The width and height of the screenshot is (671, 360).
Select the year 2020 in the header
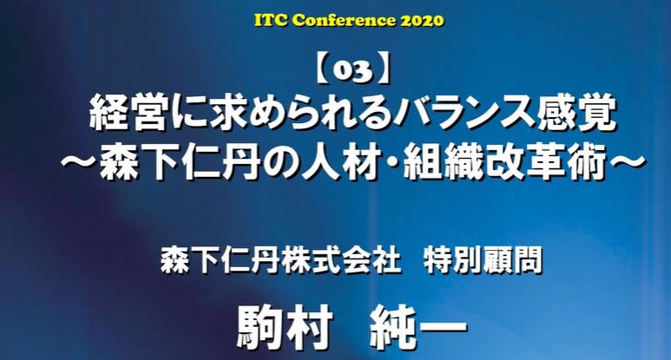pyautogui.click(x=422, y=20)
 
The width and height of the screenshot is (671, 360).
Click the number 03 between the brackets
pyautogui.click(x=352, y=72)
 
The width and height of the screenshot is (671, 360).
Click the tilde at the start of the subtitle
pyautogui.click(x=80, y=162)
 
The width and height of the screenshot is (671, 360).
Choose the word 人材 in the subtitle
pyautogui.click(x=340, y=163)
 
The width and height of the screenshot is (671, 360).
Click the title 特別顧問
pyautogui.click(x=482, y=259)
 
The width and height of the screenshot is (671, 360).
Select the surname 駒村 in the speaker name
pyautogui.click(x=285, y=328)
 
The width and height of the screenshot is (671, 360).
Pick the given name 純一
pyautogui.click(x=418, y=328)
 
